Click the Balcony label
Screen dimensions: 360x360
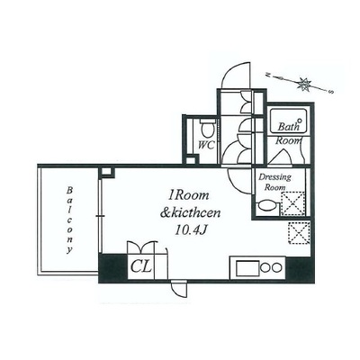pos(69,220)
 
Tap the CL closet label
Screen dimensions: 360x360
pos(141,266)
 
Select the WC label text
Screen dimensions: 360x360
pos(206,145)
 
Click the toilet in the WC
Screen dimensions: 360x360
pos(207,129)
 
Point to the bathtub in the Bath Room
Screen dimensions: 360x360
pos(289,121)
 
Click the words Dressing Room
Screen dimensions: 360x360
pos(274,183)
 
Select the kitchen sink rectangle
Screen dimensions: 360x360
pos(247,268)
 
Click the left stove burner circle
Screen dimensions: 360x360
pos(265,267)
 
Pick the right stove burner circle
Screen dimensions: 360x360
pos(277,267)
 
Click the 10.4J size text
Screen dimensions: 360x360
pos(191,230)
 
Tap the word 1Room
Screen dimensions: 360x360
pos(189,196)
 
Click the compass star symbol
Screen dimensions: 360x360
pos(304,84)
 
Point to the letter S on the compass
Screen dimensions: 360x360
pos(332,92)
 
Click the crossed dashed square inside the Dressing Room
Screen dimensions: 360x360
pos(292,204)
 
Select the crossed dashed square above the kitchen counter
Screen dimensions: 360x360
pos(299,233)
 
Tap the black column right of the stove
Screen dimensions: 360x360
pos(300,269)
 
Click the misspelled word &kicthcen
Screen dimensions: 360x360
pos(191,213)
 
